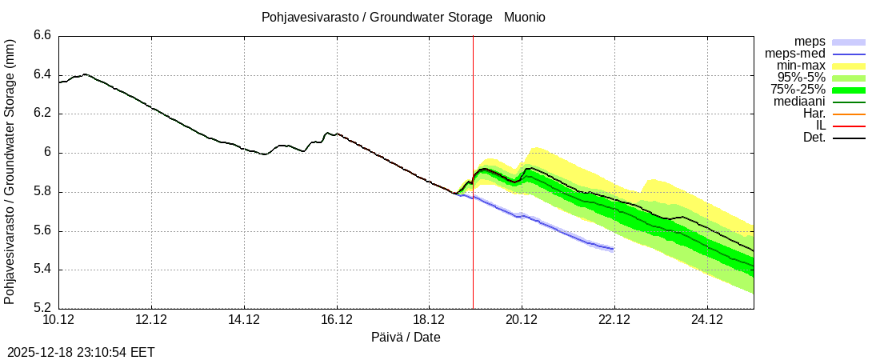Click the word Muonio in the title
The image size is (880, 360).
pyautogui.click(x=525, y=17)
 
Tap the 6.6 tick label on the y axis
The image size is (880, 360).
pyautogui.click(x=42, y=35)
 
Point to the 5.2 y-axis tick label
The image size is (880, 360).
pyautogui.click(x=42, y=308)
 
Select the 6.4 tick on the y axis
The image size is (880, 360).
pyautogui.click(x=42, y=74)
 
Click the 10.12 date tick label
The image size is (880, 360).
pyautogui.click(x=58, y=320)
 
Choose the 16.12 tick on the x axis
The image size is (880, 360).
pyautogui.click(x=337, y=320)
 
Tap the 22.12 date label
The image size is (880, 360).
pyautogui.click(x=614, y=320)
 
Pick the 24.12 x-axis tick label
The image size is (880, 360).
pyautogui.click(x=707, y=320)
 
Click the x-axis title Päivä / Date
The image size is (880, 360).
pyautogui.click(x=406, y=337)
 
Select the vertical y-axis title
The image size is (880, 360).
pyautogui.click(x=10, y=171)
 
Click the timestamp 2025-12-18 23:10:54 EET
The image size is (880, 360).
pyautogui.click(x=81, y=352)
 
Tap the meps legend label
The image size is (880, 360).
pyautogui.click(x=810, y=42)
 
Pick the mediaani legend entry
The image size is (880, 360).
pyautogui.click(x=799, y=102)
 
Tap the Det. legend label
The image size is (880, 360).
pyautogui.click(x=814, y=138)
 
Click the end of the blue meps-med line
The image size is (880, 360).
pyautogui.click(x=613, y=249)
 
